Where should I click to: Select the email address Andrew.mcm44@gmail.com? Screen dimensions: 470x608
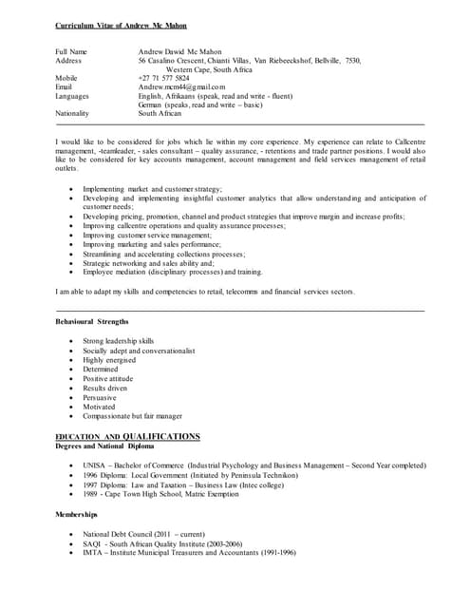[x=181, y=86]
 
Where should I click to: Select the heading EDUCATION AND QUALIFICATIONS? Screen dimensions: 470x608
[x=127, y=436]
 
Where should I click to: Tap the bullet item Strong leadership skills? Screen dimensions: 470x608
[x=118, y=340]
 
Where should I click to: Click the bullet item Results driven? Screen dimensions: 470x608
[x=106, y=388]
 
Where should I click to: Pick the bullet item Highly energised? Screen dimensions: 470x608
[x=109, y=359]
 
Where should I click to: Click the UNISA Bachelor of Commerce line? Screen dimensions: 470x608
[x=254, y=465]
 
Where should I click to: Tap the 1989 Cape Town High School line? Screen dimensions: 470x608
[x=160, y=494]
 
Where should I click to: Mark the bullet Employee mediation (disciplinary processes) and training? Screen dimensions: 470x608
[x=172, y=272]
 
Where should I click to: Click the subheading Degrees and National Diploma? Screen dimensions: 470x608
[x=105, y=446]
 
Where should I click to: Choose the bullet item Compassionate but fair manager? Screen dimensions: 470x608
[x=132, y=416]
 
